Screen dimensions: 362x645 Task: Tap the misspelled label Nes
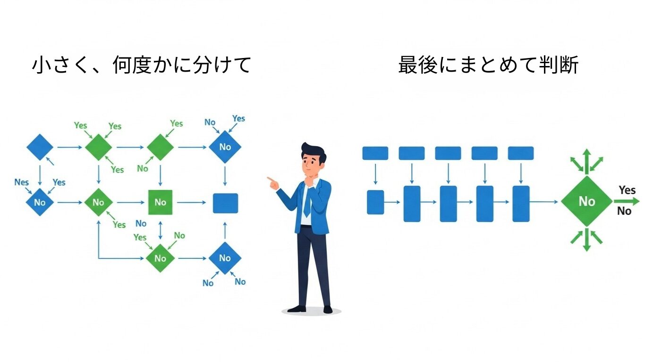[x=22, y=182]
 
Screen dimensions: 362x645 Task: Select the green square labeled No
[x=161, y=202]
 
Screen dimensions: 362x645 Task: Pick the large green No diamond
[x=586, y=202]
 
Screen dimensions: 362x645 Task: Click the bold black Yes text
[x=627, y=190]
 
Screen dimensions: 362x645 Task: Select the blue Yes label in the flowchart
[x=238, y=118]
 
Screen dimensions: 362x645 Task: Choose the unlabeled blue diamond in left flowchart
[x=40, y=147]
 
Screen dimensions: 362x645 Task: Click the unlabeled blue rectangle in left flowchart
[x=225, y=203]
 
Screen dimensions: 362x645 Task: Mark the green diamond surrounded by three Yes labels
[x=98, y=147]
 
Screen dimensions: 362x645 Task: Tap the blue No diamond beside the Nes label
[x=40, y=203]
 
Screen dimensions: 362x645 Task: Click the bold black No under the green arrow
[x=624, y=212]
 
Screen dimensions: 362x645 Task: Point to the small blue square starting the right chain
[x=375, y=202]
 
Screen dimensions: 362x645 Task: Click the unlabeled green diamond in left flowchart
[x=161, y=147]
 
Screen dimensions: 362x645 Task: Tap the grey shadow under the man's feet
[x=311, y=312]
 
